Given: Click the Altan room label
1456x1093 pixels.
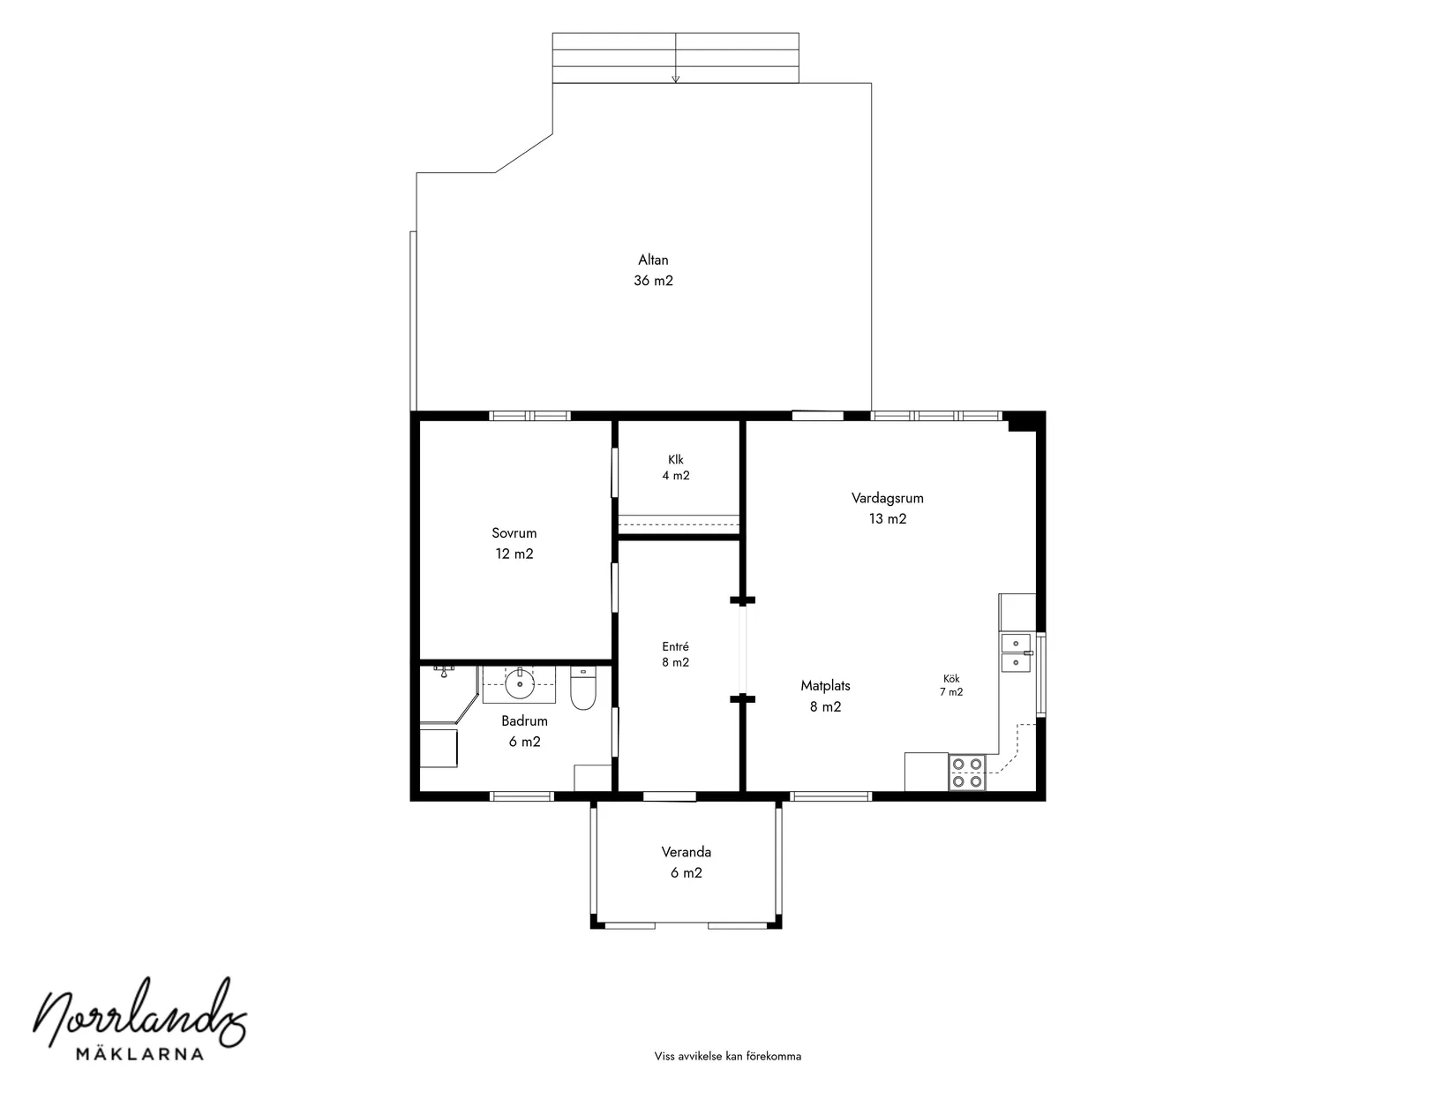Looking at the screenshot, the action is coord(653,260).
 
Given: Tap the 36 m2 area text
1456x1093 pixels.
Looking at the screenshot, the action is coord(653,281).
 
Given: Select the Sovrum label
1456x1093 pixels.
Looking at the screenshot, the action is coord(514,533).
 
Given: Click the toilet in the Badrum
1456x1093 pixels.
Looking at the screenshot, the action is coord(583,688).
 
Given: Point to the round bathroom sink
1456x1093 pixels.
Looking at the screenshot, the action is coord(520,684).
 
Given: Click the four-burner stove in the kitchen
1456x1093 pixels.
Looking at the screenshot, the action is coord(966,773).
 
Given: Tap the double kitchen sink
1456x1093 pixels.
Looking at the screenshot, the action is coord(1016,653).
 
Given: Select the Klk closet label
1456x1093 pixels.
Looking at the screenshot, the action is coord(675,459).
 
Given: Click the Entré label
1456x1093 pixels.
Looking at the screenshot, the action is coord(675,646).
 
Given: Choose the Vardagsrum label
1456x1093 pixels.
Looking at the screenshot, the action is coord(888,498).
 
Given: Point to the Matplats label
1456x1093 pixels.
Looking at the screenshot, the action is coord(825,685).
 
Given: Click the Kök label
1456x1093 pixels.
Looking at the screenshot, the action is coord(951,679).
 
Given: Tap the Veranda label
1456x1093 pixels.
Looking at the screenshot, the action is coord(686,851).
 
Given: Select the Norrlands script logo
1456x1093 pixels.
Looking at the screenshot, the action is coord(140,1012).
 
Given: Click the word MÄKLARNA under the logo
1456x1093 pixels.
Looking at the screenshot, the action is coord(140,1053).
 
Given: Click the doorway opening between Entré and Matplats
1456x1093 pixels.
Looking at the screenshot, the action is coord(743,650).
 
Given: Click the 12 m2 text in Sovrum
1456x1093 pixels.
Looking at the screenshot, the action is coord(514,554).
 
